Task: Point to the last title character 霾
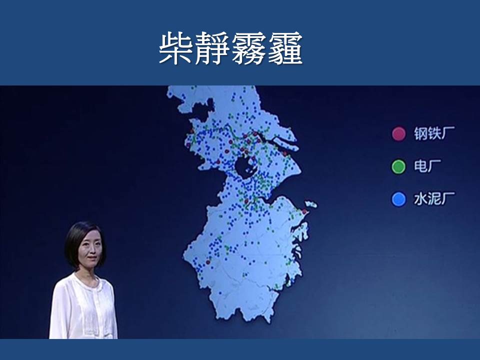(x=285, y=48)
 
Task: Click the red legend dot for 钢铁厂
(x=398, y=134)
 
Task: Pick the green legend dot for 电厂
(x=398, y=166)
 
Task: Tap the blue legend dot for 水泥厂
(x=398, y=199)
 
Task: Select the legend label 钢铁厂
(x=434, y=133)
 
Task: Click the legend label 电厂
(x=427, y=166)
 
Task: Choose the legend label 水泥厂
(x=434, y=199)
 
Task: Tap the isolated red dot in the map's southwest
(x=208, y=262)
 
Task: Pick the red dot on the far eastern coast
(x=304, y=211)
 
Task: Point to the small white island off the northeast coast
(x=310, y=204)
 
